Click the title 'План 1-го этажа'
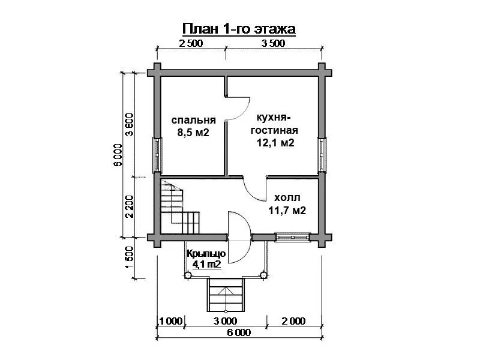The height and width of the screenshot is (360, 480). [239, 29]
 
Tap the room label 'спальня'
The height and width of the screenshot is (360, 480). [193, 120]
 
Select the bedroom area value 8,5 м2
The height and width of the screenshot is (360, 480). [193, 133]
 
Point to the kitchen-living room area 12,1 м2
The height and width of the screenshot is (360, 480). [275, 143]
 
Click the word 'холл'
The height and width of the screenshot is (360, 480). [287, 198]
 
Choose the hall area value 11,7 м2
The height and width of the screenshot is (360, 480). [287, 211]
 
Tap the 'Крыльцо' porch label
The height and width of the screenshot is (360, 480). [206, 254]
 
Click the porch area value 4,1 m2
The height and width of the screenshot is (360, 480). [206, 264]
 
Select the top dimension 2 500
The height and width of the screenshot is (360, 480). [191, 43]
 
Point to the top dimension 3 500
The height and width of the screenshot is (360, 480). [273, 43]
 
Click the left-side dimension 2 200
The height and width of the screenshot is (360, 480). [130, 206]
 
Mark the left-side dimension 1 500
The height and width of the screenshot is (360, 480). [130, 257]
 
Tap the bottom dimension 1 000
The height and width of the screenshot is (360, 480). [171, 321]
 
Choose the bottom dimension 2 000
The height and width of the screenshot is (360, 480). [293, 321]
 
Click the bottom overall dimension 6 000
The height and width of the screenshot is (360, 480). [239, 332]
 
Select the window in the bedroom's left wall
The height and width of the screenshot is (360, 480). [157, 155]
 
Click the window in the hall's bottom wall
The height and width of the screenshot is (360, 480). [293, 237]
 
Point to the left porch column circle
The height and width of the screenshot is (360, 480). [188, 275]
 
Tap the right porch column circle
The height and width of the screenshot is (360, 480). [263, 275]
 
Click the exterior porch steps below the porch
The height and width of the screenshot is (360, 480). [226, 295]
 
